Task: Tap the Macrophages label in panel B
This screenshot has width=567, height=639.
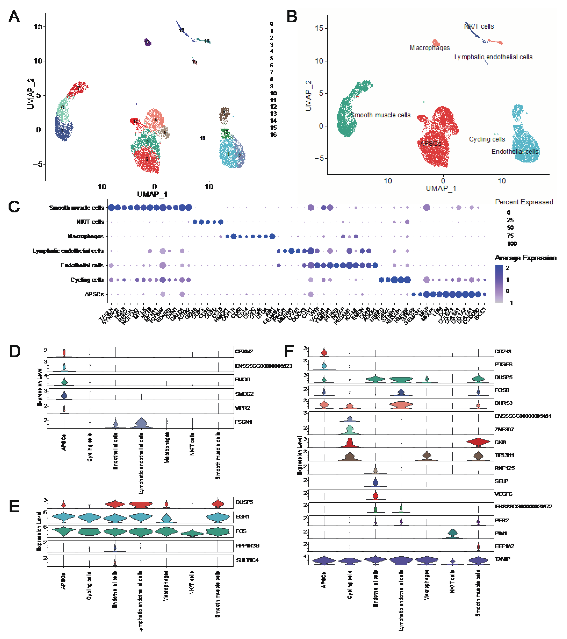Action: [x=430, y=48]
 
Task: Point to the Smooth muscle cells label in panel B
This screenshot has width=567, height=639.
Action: [x=380, y=115]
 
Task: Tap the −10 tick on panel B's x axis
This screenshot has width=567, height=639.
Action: [x=385, y=181]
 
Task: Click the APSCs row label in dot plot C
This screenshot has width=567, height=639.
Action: [x=94, y=294]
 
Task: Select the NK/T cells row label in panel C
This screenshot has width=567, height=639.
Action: [x=90, y=222]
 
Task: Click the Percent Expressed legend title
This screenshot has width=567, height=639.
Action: [x=524, y=202]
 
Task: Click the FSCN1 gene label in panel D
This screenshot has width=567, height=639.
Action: [x=244, y=422]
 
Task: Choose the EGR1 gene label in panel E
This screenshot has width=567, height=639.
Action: [x=242, y=517]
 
